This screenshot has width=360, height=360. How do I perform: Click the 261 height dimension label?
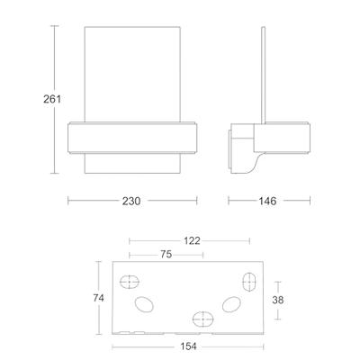pyautogui.click(x=52, y=99)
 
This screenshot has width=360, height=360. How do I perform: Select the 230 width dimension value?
pyautogui.click(x=131, y=201)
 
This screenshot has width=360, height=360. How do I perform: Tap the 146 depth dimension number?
pyautogui.click(x=267, y=201)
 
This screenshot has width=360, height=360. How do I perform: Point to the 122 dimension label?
pyautogui.click(x=192, y=240)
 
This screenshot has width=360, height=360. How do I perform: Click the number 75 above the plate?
pyautogui.click(x=166, y=255)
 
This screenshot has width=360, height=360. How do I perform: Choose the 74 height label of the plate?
pyautogui.click(x=98, y=298)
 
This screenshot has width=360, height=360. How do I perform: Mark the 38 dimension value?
pyautogui.click(x=278, y=300)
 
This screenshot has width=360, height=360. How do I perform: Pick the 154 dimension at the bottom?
pyautogui.click(x=188, y=346)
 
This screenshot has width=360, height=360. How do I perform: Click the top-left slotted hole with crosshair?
pyautogui.click(x=130, y=282)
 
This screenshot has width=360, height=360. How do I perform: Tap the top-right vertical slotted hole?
pyautogui.click(x=249, y=282)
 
